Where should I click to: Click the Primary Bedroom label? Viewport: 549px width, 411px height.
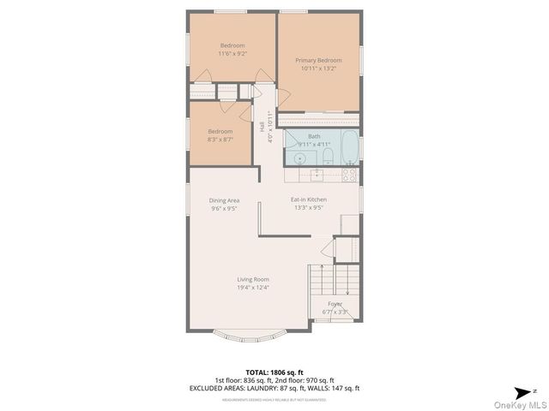tap(318, 61)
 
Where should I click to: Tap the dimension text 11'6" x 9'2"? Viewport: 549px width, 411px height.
tap(232, 54)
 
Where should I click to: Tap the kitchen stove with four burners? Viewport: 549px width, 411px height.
tap(349, 174)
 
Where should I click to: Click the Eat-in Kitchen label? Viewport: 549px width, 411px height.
tap(309, 203)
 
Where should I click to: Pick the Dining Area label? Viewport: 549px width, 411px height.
tap(224, 204)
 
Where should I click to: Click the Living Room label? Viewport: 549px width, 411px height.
tap(254, 283)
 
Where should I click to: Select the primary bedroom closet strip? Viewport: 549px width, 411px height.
tap(319, 119)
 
